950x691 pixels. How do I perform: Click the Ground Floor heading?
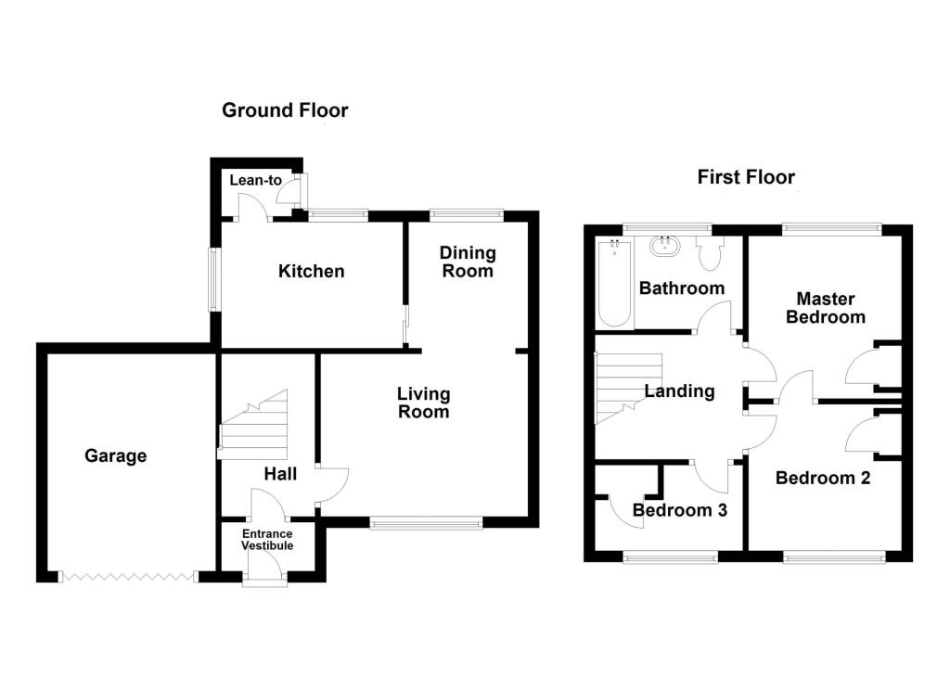click(285, 111)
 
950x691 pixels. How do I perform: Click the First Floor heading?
click(746, 177)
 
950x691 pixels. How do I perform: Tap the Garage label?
click(116, 455)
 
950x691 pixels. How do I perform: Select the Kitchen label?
click(312, 272)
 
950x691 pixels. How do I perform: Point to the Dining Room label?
click(468, 262)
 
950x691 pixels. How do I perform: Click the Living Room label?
click(424, 403)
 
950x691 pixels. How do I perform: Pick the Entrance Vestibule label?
click(267, 540)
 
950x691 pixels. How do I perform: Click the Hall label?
click(280, 474)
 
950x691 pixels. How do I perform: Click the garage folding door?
click(128, 577)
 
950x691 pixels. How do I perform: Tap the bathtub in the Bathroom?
click(613, 283)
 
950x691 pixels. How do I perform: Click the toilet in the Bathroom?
click(712, 256)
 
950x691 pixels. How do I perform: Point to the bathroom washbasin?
click(664, 247)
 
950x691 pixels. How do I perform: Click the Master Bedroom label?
click(826, 308)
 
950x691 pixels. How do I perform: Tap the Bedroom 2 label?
click(823, 479)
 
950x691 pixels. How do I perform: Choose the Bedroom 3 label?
click(679, 510)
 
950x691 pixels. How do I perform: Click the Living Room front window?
click(426, 524)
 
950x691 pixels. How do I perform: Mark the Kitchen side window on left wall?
click(213, 278)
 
